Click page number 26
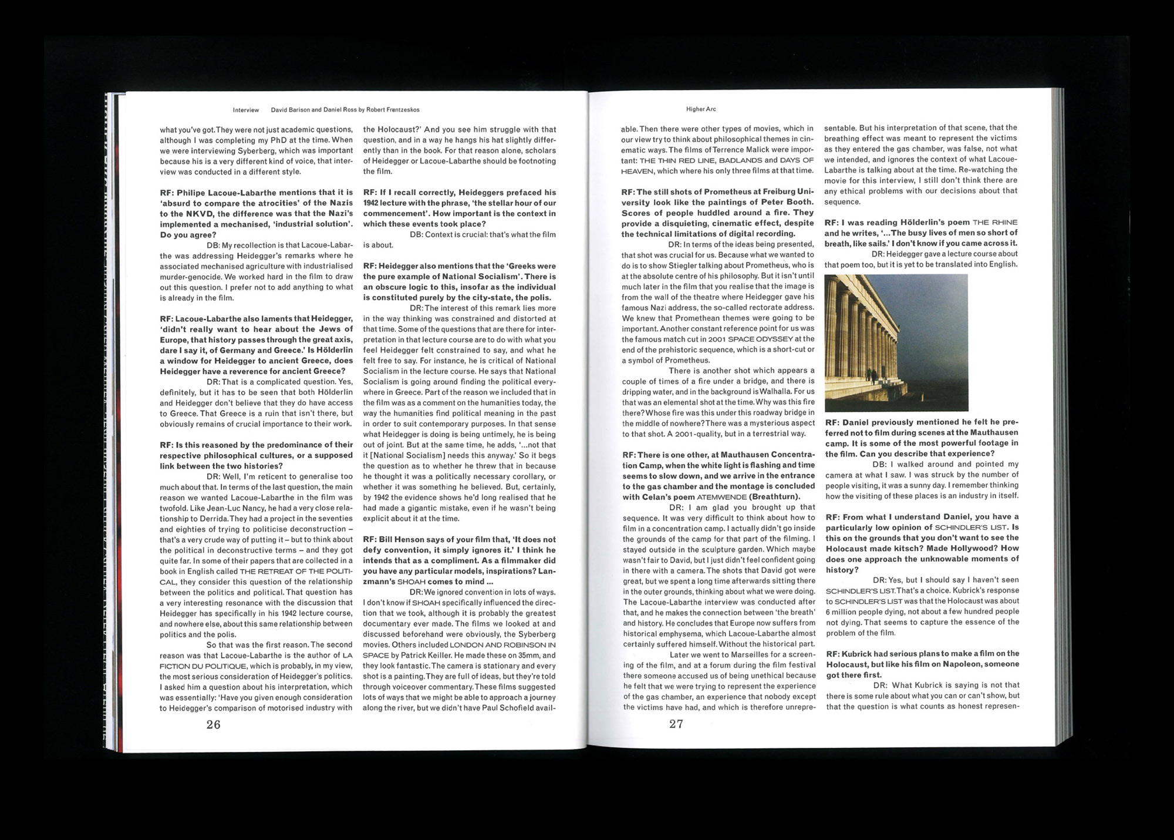[x=213, y=724]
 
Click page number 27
[x=676, y=724]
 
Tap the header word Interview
[x=245, y=110]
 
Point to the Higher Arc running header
[x=701, y=109]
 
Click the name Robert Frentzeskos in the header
[x=393, y=110]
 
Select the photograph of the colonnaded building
[x=896, y=342]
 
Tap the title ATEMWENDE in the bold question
[x=721, y=497]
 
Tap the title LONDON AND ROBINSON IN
[x=502, y=645]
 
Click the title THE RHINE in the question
[x=995, y=223]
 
